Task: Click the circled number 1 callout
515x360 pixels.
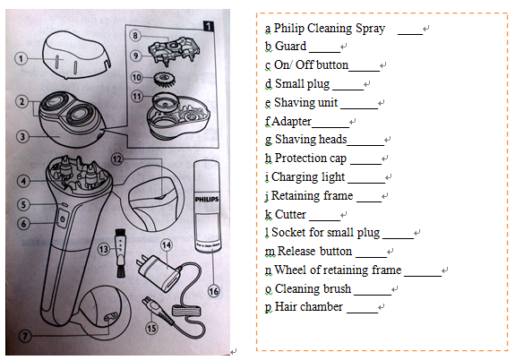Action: (21, 59)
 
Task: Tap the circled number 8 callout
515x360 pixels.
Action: (135, 36)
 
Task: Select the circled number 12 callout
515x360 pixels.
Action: (117, 159)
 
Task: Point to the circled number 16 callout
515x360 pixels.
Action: (213, 291)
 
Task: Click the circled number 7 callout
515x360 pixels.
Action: (25, 335)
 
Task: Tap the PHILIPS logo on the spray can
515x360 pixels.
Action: (207, 199)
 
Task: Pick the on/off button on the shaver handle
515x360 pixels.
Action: (63, 219)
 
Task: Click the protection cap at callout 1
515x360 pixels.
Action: (76, 55)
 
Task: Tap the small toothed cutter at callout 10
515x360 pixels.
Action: (164, 80)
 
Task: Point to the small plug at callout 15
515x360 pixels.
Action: (157, 310)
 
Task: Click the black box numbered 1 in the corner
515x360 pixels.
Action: (208, 26)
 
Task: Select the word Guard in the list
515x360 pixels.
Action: (290, 46)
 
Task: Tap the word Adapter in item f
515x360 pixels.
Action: (291, 122)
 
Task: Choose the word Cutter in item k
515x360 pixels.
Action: (290, 215)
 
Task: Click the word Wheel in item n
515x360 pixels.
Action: (290, 270)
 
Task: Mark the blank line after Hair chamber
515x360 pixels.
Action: (362, 312)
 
